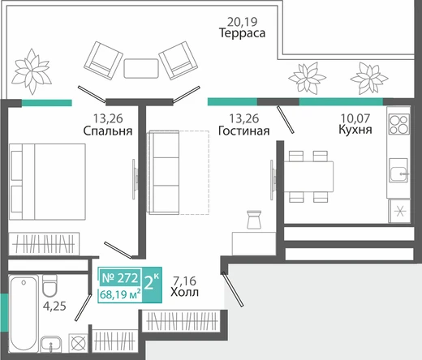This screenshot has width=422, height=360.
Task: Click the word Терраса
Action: [242, 33]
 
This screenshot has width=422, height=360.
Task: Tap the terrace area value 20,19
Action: [242, 22]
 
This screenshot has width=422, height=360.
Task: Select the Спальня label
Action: [108, 131]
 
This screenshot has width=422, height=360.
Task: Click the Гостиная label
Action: [243, 131]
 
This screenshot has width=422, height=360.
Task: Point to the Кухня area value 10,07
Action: [355, 118]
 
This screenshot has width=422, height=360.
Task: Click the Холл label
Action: [184, 292]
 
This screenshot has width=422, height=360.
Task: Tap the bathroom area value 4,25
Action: [54, 306]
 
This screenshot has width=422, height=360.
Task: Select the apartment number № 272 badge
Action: [120, 277]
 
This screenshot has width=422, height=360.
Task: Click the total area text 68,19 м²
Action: [120, 294]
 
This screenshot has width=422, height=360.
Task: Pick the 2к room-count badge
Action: [152, 284]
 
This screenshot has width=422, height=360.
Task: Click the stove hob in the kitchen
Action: [399, 124]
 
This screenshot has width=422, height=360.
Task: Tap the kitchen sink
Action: [398, 170]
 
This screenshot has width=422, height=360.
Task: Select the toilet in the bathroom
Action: [50, 285]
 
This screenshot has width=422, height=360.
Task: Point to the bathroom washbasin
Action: [51, 344]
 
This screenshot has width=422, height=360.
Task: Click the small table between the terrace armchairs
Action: [141, 68]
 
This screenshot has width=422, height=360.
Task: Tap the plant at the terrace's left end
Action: [32, 71]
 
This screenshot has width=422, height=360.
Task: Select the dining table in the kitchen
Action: [308, 177]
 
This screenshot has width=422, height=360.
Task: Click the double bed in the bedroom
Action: [47, 182]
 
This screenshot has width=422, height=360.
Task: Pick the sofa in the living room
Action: [164, 173]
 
